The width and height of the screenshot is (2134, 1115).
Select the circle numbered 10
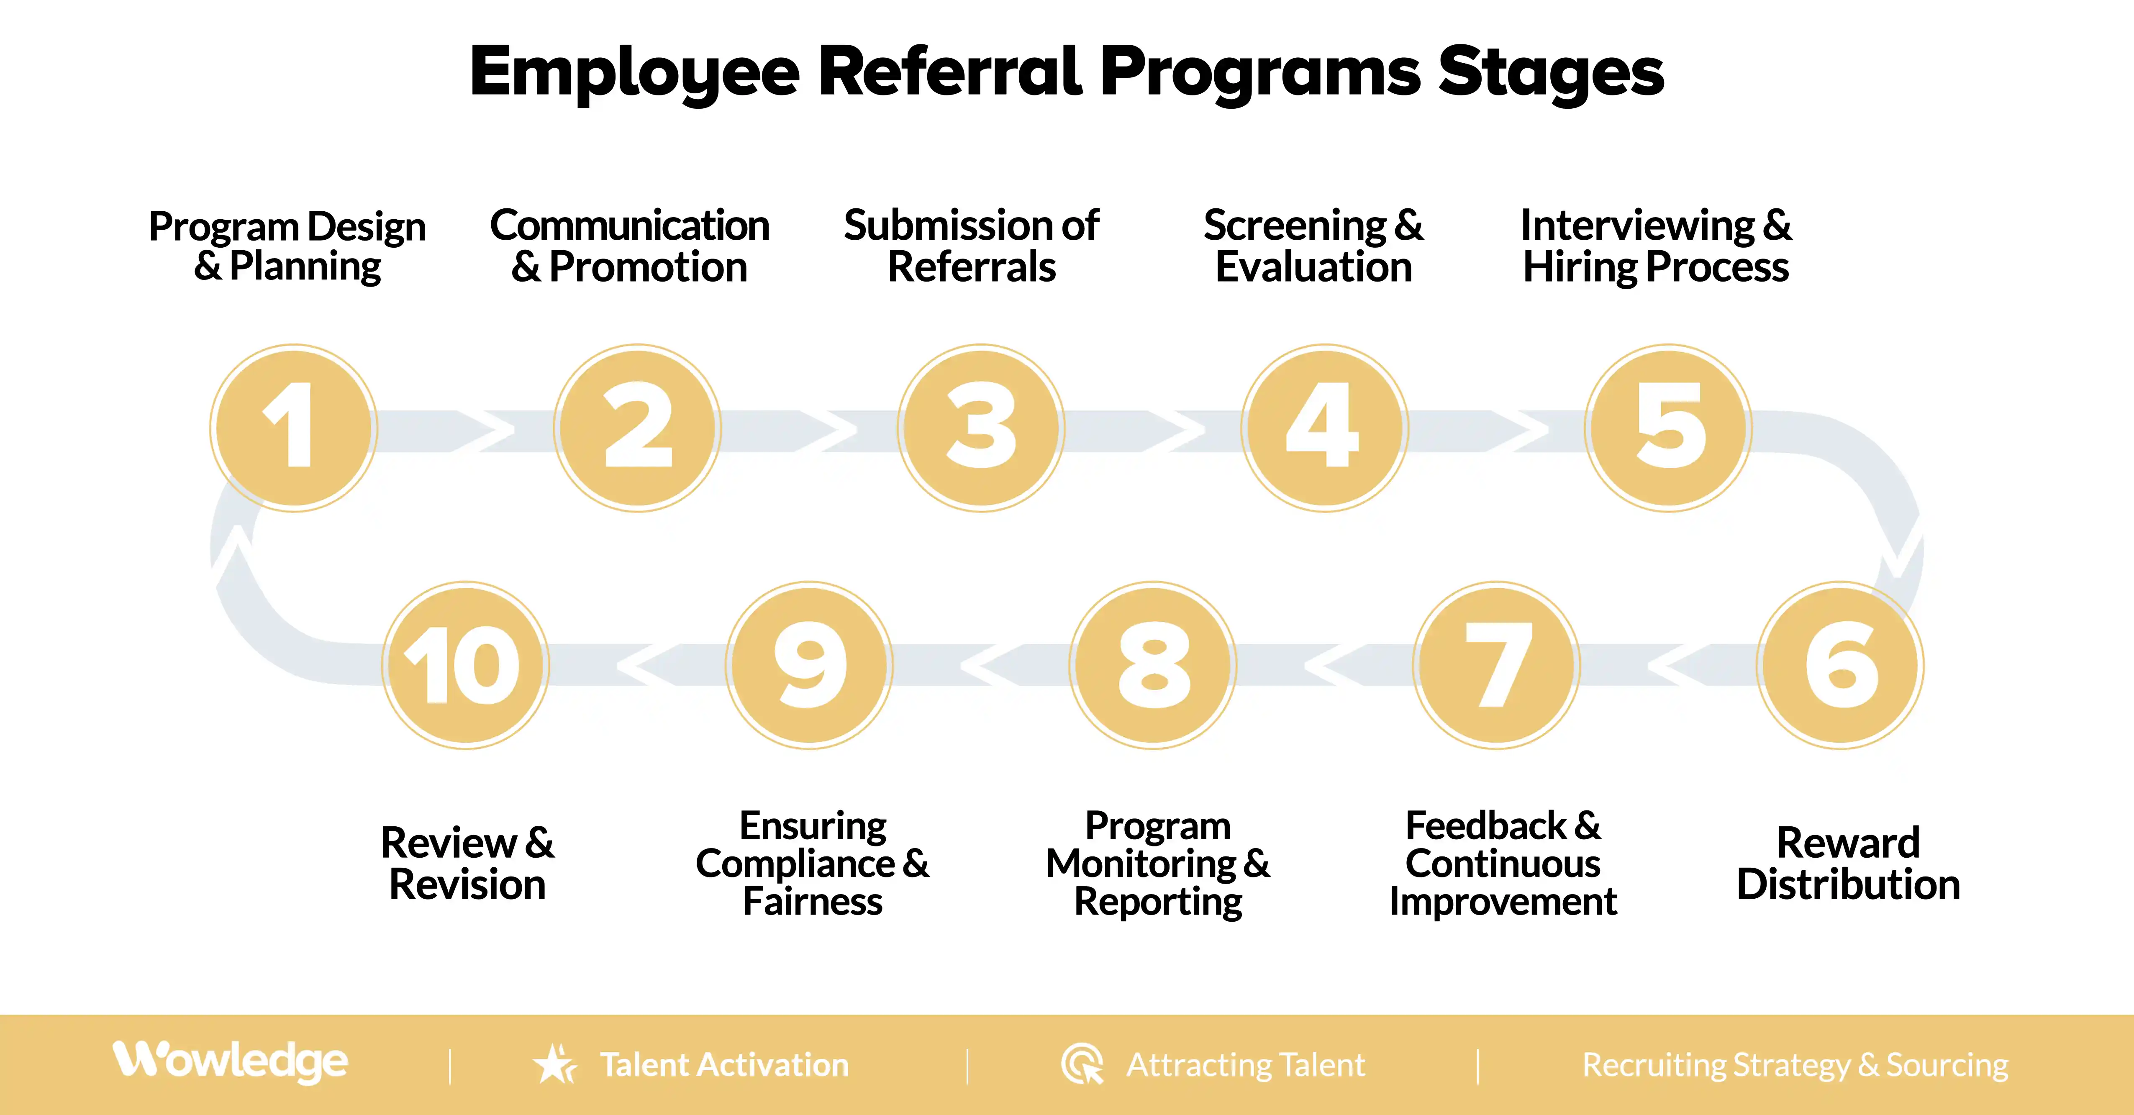(466, 665)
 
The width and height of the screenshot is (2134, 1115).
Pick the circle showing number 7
(1497, 665)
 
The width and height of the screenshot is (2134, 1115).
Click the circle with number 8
(1153, 665)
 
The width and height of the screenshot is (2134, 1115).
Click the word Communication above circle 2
(630, 226)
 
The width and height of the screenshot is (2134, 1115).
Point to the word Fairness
(813, 901)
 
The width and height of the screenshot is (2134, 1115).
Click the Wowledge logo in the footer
(230, 1062)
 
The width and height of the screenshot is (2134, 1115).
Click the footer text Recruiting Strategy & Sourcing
(1795, 1064)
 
